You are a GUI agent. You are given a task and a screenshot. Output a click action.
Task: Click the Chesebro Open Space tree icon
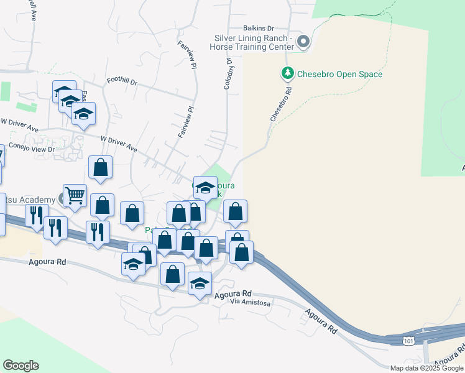pyautogui.click(x=287, y=74)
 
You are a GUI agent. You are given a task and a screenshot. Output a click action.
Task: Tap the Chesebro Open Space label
pyautogui.click(x=339, y=75)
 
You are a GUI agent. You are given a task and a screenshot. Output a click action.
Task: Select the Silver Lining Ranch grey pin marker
pyautogui.click(x=303, y=42)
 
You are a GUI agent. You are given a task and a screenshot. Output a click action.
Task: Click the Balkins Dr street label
pyautogui.click(x=259, y=29)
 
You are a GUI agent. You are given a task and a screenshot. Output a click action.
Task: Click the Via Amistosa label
pyautogui.click(x=251, y=303)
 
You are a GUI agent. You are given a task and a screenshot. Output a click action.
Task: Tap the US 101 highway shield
pyautogui.click(x=408, y=341)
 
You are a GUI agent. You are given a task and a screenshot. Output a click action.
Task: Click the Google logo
pyautogui.click(x=21, y=366)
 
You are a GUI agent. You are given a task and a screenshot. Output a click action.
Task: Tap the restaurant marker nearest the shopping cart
pyautogui.click(x=36, y=215)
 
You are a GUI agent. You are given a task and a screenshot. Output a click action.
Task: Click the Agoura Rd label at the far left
pyautogui.click(x=47, y=262)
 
